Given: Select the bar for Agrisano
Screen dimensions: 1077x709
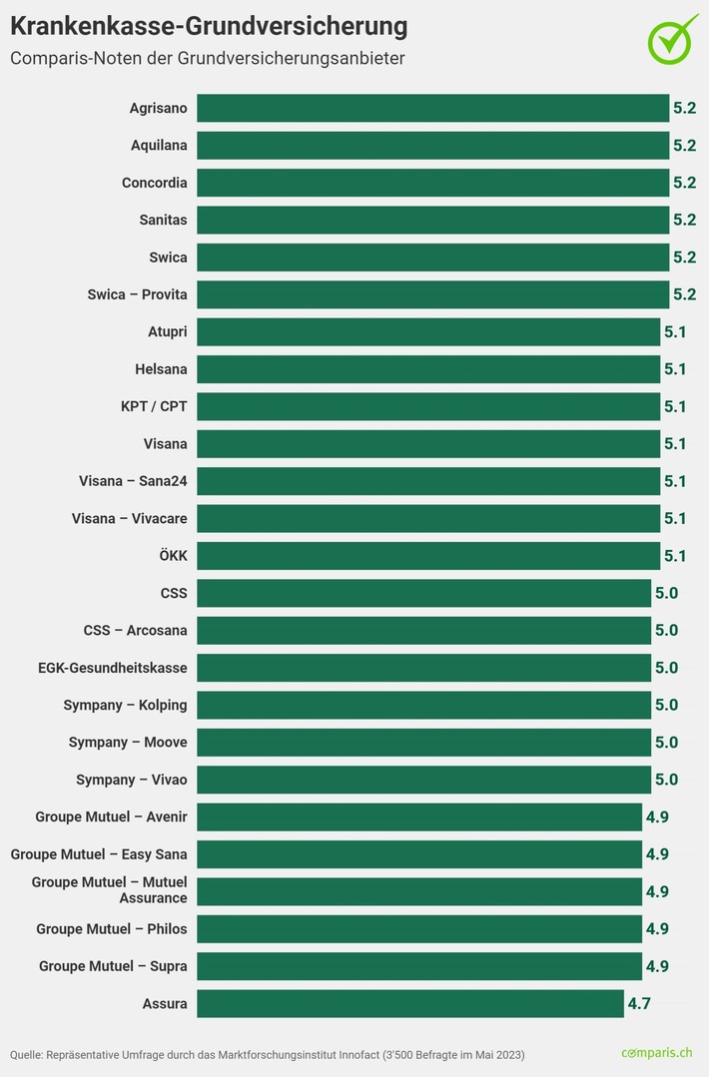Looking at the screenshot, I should pos(432,108).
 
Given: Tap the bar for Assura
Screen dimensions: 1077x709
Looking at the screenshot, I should pos(409,1003).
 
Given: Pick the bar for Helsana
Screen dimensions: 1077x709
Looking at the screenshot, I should pos(427,369).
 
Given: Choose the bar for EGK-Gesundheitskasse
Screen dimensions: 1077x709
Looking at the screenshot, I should pos(423,668).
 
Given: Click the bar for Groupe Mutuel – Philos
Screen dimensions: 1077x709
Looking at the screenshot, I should pos(418,928).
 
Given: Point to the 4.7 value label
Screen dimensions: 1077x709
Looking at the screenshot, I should pos(639,1003).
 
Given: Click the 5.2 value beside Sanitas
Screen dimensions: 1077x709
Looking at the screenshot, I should pos(684,220).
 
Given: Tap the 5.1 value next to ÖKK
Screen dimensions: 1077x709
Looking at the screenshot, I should pos(675,556).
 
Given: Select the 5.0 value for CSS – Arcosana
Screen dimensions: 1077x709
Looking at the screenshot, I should pos(666,631).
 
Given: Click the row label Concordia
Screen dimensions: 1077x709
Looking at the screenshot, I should pos(154,183).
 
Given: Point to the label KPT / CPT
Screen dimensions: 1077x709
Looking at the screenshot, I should pos(153,406).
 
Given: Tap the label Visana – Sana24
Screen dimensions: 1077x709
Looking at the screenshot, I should pos(133,481).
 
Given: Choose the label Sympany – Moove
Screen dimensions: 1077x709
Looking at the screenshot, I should pos(128,743).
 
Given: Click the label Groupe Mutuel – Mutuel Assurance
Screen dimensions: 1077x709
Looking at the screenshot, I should pos(110,890).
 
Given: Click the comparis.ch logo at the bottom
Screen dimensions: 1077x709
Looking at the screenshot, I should pos(656,1053).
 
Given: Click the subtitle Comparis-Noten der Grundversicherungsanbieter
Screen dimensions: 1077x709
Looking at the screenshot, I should pos(208,58).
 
